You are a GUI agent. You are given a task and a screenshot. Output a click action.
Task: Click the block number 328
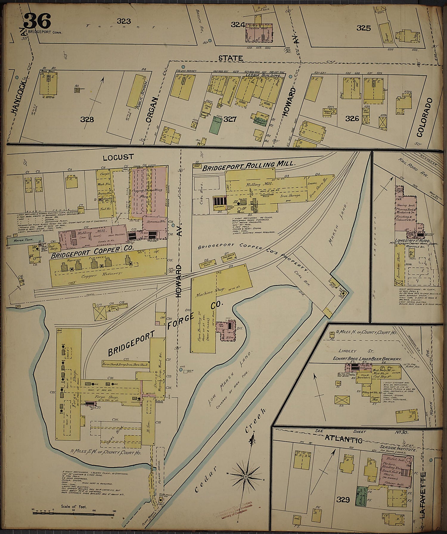(x=87, y=119)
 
